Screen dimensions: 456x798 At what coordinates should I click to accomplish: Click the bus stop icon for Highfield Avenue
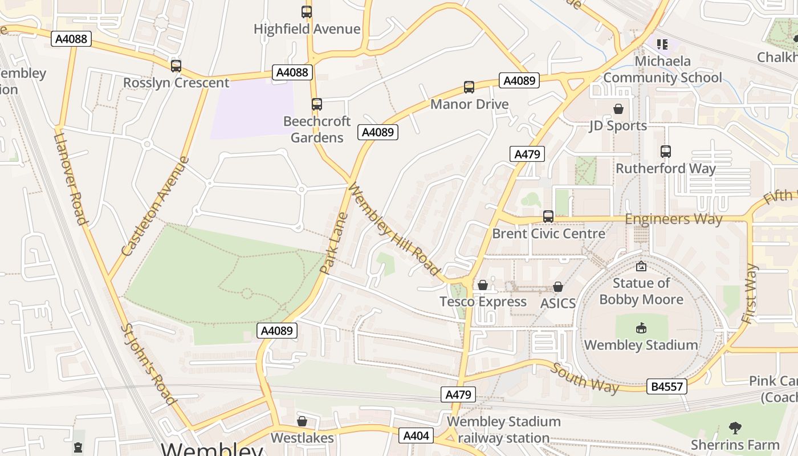pyautogui.click(x=307, y=11)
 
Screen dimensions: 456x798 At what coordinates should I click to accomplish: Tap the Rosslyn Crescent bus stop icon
pyautogui.click(x=176, y=66)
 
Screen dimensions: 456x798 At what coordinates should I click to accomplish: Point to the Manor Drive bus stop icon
pyautogui.click(x=469, y=87)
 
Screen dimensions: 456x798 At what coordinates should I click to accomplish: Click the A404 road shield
pyautogui.click(x=416, y=435)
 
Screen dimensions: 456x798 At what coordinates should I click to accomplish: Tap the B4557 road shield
pyautogui.click(x=667, y=387)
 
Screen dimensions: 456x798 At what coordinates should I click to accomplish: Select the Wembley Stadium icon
pyautogui.click(x=641, y=328)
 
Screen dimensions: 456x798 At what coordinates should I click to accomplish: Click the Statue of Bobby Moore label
pyautogui.click(x=641, y=291)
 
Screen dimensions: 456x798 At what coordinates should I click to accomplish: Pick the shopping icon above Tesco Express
pyautogui.click(x=483, y=285)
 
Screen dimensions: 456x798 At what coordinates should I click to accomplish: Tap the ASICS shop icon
pyautogui.click(x=558, y=287)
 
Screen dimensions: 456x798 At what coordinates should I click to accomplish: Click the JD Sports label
pyautogui.click(x=618, y=125)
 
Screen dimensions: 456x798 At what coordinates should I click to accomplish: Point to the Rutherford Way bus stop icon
pyautogui.click(x=665, y=152)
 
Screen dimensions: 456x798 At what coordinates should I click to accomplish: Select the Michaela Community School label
pyautogui.click(x=662, y=70)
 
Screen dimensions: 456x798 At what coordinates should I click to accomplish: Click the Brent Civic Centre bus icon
pyautogui.click(x=548, y=217)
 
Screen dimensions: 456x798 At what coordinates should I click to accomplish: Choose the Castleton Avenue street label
pyautogui.click(x=155, y=206)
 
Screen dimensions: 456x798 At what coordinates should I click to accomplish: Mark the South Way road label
pyautogui.click(x=585, y=378)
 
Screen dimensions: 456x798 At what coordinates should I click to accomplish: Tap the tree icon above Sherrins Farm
pyautogui.click(x=735, y=427)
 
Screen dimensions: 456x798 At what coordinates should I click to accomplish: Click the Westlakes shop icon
pyautogui.click(x=302, y=421)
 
